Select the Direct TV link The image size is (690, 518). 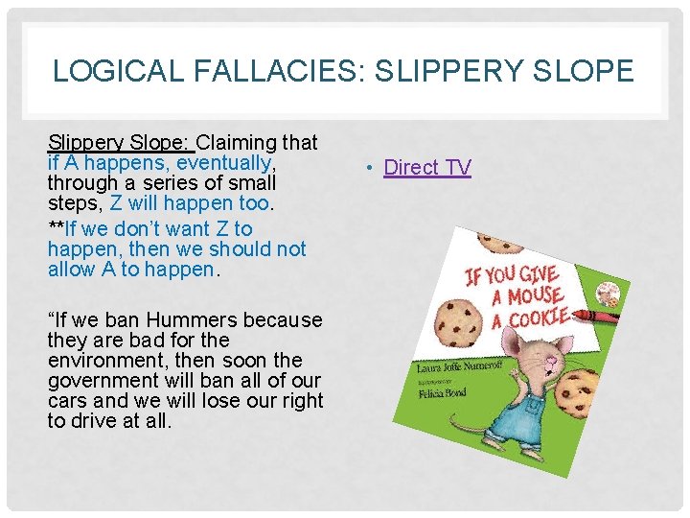427,167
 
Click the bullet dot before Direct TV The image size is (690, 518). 371,169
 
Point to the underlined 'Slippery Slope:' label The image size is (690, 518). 121,143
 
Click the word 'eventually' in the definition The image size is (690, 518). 231,163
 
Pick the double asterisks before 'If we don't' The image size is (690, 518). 56,228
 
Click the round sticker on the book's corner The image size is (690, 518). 605,292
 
